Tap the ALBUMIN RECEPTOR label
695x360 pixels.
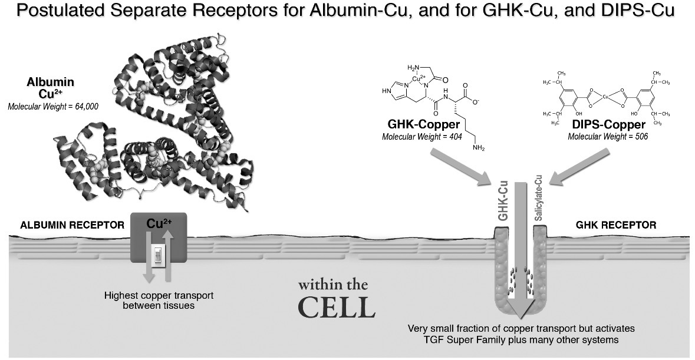(72, 226)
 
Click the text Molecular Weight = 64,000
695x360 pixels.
(53, 107)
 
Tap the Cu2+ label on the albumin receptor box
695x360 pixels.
(158, 224)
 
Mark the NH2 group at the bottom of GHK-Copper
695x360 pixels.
(479, 148)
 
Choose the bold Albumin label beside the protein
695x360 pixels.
(50, 83)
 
